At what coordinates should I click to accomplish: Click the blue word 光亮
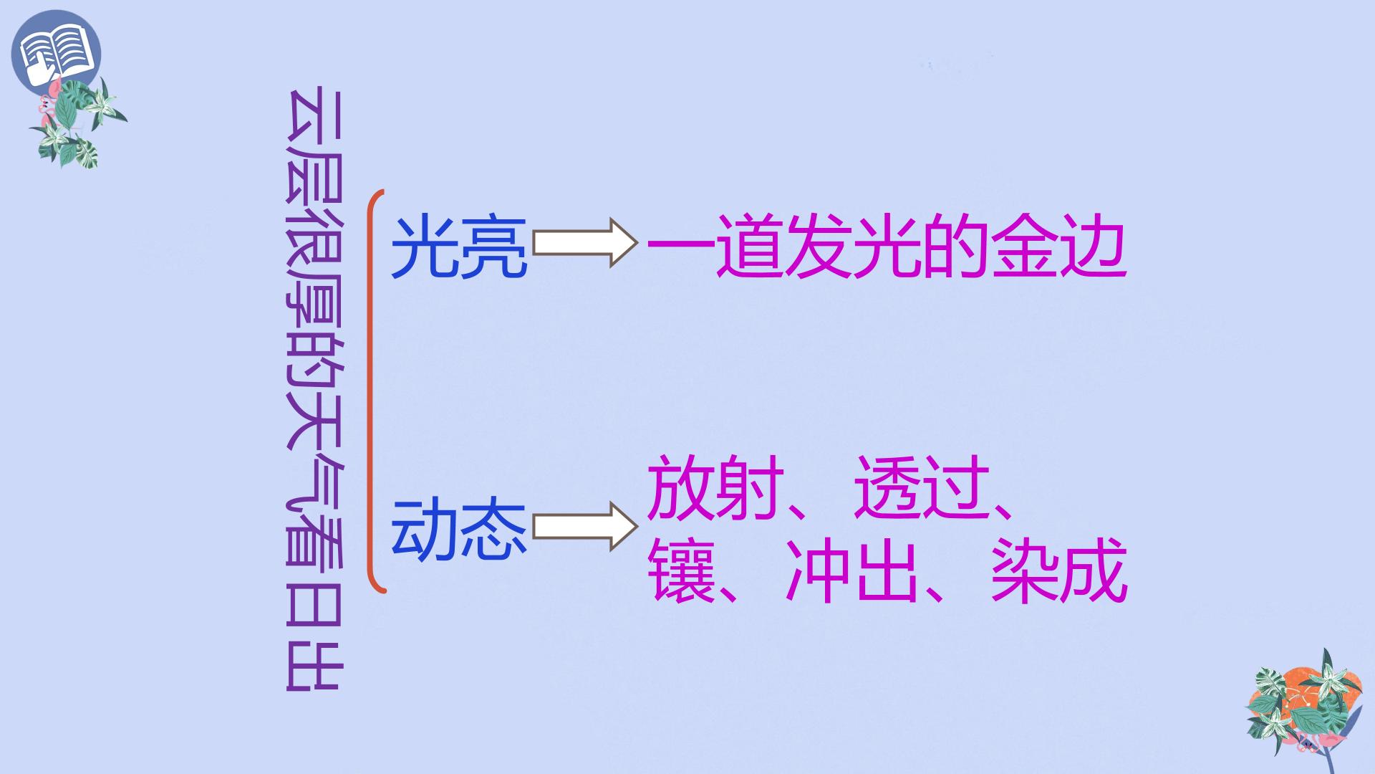tap(459, 247)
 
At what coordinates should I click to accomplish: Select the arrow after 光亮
tap(585, 244)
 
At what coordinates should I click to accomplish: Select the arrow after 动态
tap(585, 527)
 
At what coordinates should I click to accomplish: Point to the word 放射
tap(715, 487)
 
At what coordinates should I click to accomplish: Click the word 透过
tap(922, 487)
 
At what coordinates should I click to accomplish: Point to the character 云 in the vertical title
tap(315, 118)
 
